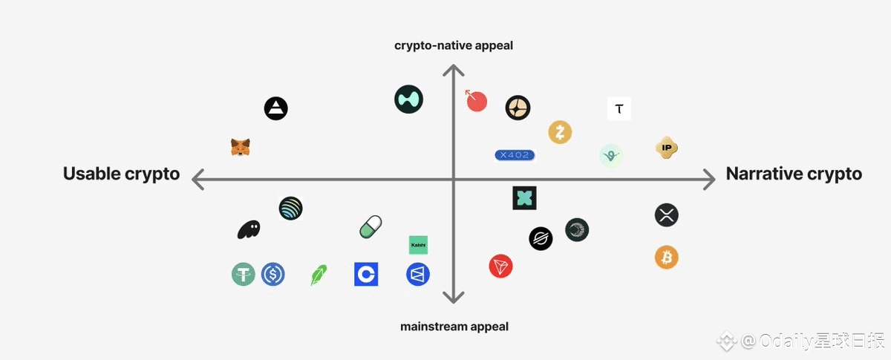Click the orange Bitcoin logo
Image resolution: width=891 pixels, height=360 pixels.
pyautogui.click(x=666, y=258)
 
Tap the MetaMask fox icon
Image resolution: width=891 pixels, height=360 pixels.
pyautogui.click(x=240, y=147)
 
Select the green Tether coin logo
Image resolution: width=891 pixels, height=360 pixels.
pyautogui.click(x=243, y=275)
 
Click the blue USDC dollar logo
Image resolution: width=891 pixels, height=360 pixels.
pyautogui.click(x=273, y=275)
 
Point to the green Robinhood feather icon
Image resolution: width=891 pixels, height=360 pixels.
pyautogui.click(x=319, y=275)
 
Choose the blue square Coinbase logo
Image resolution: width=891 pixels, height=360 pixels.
pyautogui.click(x=366, y=275)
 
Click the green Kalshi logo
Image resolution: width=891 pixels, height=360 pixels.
pyautogui.click(x=418, y=245)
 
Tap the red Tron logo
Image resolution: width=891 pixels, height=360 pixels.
pyautogui.click(x=500, y=266)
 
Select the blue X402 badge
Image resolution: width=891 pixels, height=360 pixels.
pyautogui.click(x=515, y=154)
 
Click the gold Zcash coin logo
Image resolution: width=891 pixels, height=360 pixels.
pyautogui.click(x=560, y=133)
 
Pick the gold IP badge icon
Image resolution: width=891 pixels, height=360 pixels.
pyautogui.click(x=668, y=148)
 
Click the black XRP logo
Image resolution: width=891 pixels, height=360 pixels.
pyautogui.click(x=667, y=215)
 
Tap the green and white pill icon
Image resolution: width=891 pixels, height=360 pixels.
pyautogui.click(x=371, y=227)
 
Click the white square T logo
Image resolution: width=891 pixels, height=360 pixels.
pyautogui.click(x=619, y=109)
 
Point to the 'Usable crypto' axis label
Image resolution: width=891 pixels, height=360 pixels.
pyautogui.click(x=122, y=174)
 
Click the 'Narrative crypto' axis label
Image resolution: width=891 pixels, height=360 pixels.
pyautogui.click(x=794, y=174)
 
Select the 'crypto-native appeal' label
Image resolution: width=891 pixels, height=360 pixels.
pyautogui.click(x=454, y=46)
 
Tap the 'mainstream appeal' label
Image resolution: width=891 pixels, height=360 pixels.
pyautogui.click(x=454, y=326)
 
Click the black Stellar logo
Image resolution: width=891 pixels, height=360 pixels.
pyautogui.click(x=541, y=238)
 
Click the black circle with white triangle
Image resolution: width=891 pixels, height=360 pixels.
pyautogui.click(x=275, y=109)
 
